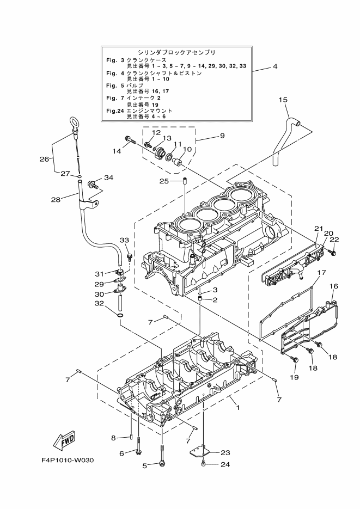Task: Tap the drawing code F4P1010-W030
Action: pyautogui.click(x=68, y=460)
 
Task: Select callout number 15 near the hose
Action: pyautogui.click(x=283, y=100)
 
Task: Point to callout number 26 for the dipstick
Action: pyautogui.click(x=44, y=159)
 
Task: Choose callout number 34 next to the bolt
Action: pyautogui.click(x=108, y=177)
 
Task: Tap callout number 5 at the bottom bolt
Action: pyautogui.click(x=145, y=465)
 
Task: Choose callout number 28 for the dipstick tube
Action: pyautogui.click(x=56, y=199)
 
